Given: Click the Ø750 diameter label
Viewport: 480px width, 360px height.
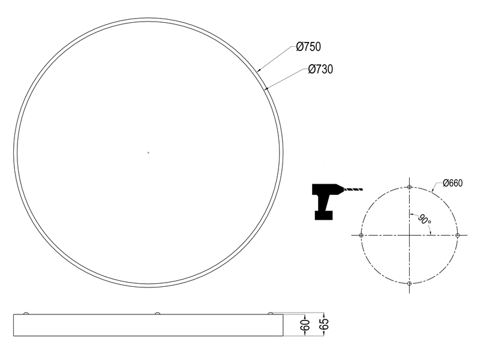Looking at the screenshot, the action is pyautogui.click(x=308, y=47).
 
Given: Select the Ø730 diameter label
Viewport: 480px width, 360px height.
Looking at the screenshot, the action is pyautogui.click(x=320, y=69).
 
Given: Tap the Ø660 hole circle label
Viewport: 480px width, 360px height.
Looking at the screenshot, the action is pyautogui.click(x=453, y=183).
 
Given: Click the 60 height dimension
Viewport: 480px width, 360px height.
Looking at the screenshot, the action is pyautogui.click(x=305, y=325).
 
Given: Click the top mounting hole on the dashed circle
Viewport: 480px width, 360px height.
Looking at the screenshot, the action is pyautogui.click(x=409, y=187).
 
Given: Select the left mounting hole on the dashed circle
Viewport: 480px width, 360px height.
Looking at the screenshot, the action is pyautogui.click(x=361, y=235).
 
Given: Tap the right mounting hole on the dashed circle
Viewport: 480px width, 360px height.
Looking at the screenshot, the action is pyautogui.click(x=458, y=235).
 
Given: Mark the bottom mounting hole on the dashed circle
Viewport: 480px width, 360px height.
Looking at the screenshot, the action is pyautogui.click(x=409, y=283).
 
